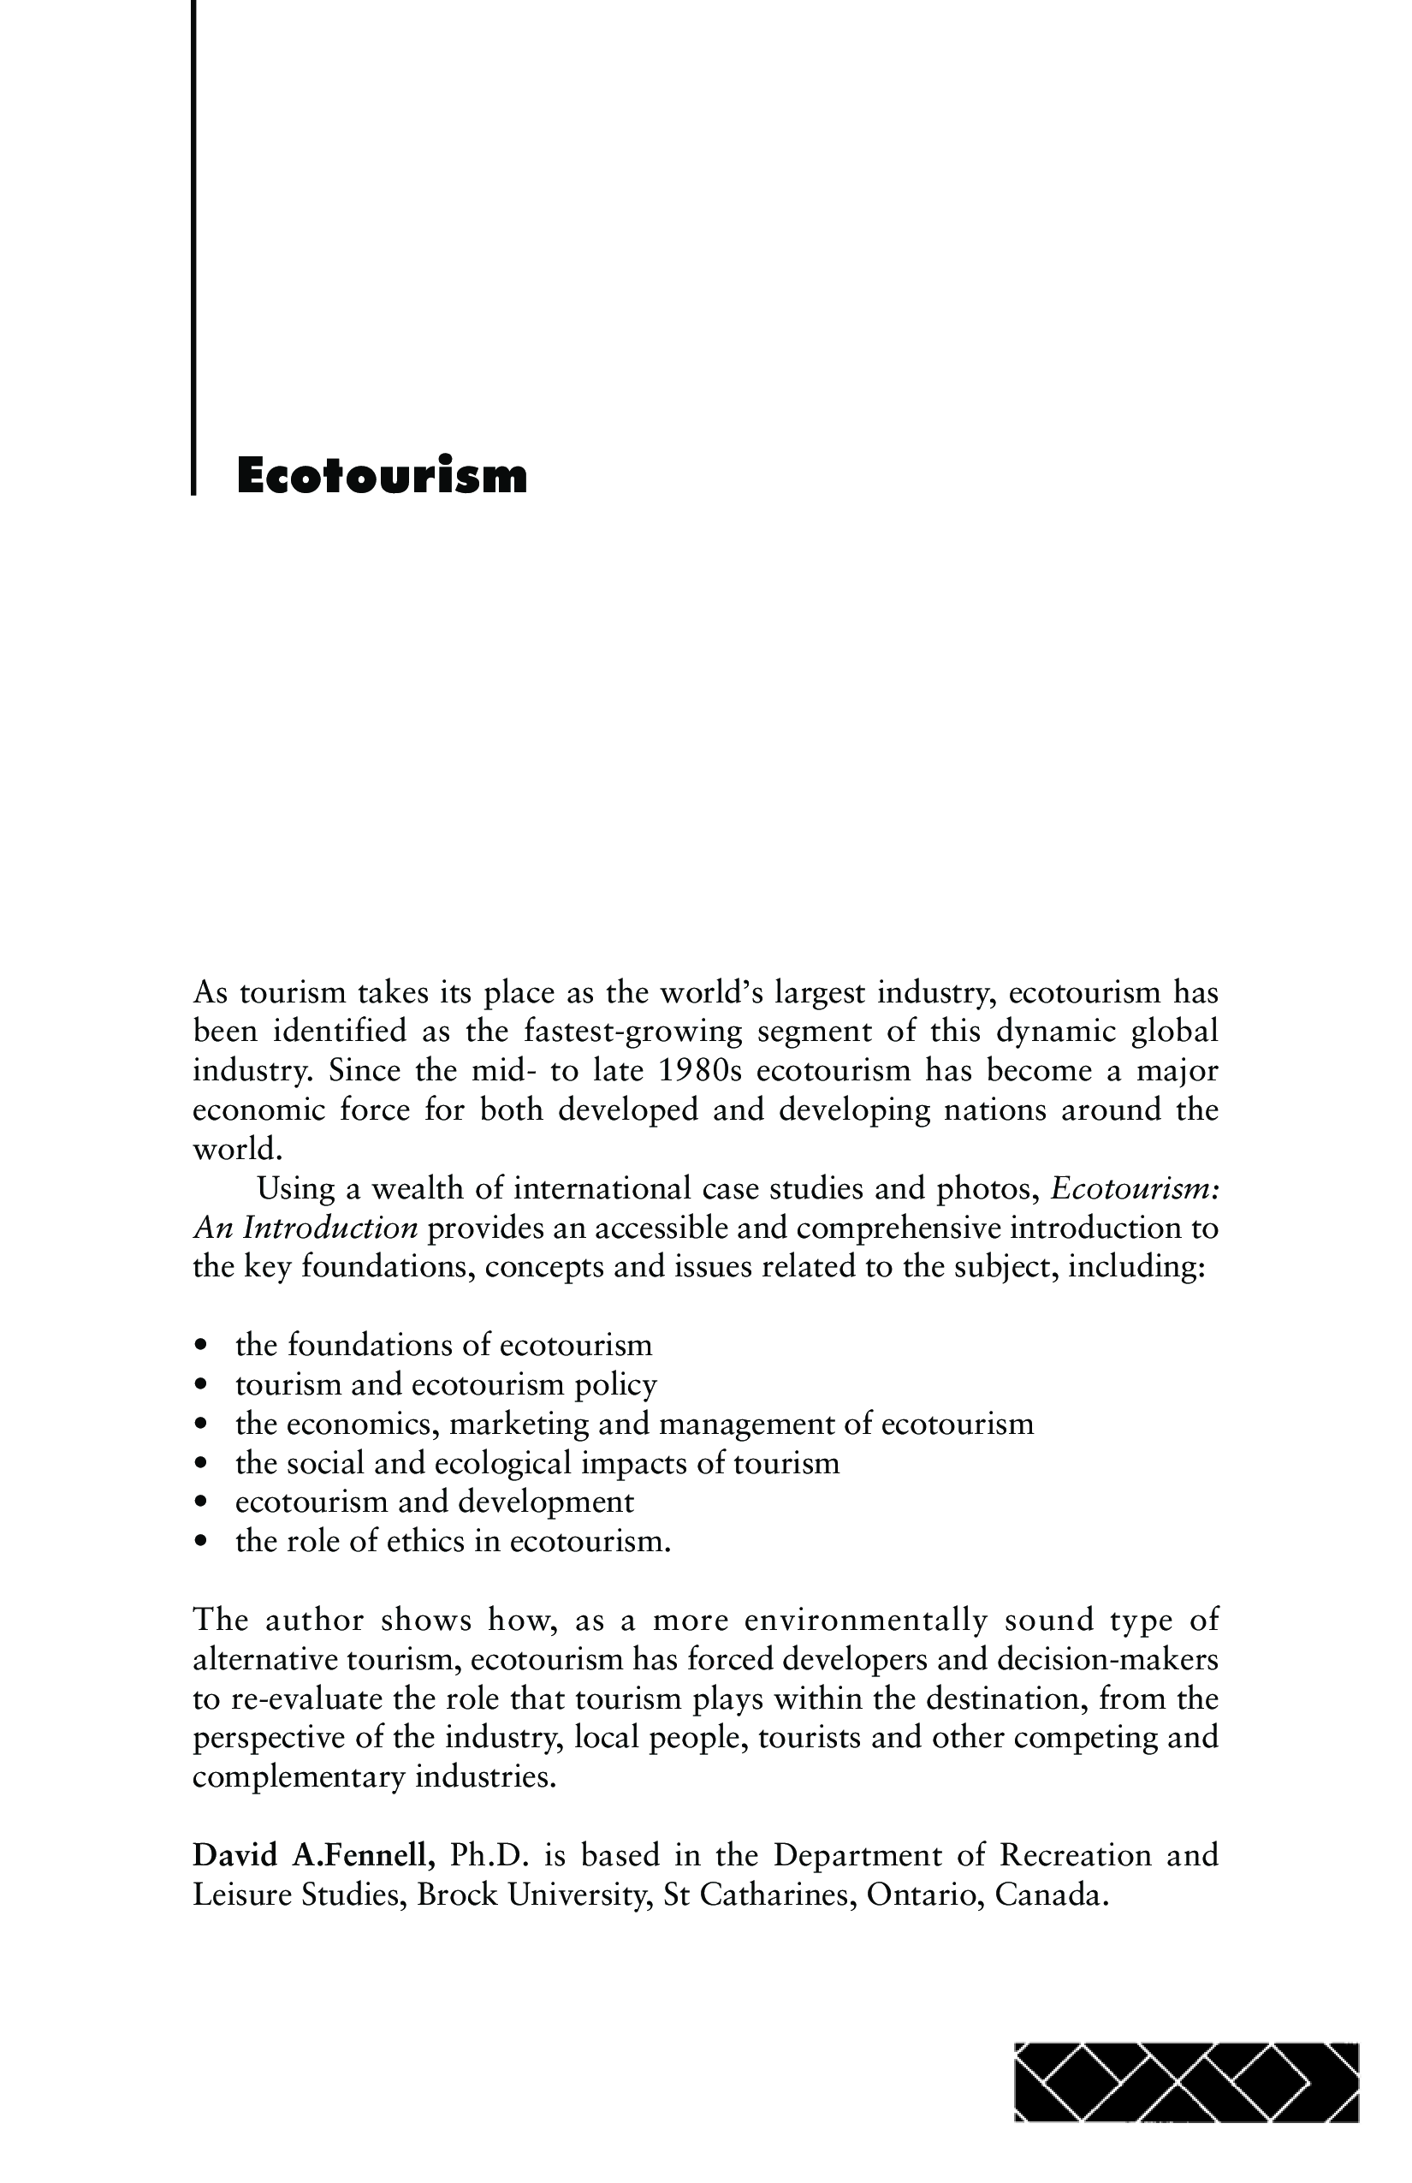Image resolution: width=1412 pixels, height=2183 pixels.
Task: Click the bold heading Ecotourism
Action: (382, 475)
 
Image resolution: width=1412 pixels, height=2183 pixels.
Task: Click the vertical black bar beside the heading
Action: (194, 247)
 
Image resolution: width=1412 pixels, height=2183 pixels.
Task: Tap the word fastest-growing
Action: (632, 1031)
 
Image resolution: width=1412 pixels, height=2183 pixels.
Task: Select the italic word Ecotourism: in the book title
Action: (1134, 1189)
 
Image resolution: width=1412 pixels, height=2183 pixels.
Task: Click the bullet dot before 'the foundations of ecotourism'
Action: (201, 1347)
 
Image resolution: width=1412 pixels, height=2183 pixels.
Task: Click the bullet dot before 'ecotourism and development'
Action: (201, 1503)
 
